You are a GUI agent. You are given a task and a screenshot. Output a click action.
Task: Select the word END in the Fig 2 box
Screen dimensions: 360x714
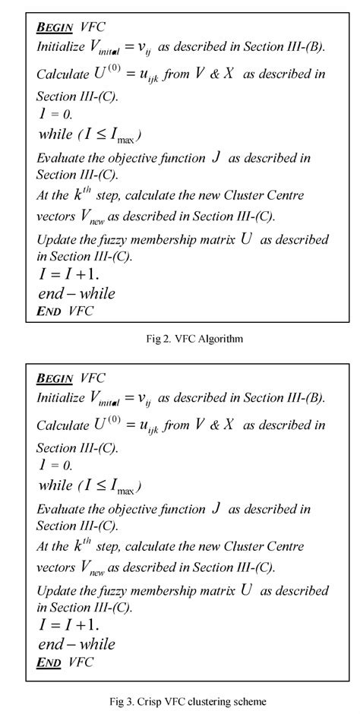point(49,311)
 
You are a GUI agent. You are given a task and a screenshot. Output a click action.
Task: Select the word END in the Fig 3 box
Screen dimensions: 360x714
point(49,662)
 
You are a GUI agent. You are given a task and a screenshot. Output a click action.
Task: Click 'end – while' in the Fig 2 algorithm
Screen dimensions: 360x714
point(76,293)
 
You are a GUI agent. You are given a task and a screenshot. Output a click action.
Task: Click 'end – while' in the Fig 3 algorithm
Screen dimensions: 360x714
point(76,644)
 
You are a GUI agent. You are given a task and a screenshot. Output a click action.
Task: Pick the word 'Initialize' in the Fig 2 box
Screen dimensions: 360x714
point(61,46)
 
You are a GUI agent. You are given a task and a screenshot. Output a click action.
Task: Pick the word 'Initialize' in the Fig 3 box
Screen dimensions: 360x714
point(61,397)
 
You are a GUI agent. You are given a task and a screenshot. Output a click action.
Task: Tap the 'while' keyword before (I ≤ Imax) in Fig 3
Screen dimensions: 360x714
point(55,485)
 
